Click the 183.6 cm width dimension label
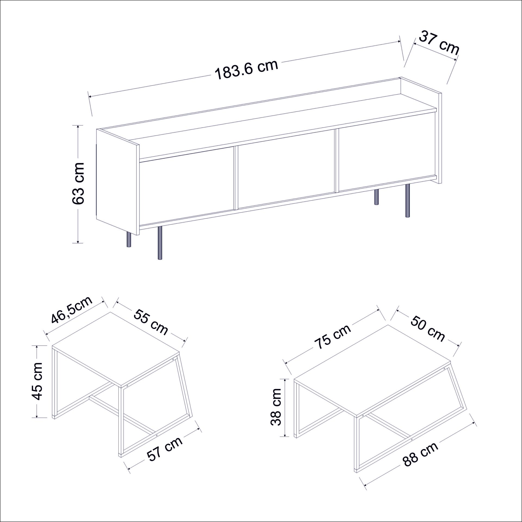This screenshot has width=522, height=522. coord(247,70)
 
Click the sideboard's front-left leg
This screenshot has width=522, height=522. coord(160,243)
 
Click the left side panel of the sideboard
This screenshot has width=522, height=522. coord(118,181)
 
